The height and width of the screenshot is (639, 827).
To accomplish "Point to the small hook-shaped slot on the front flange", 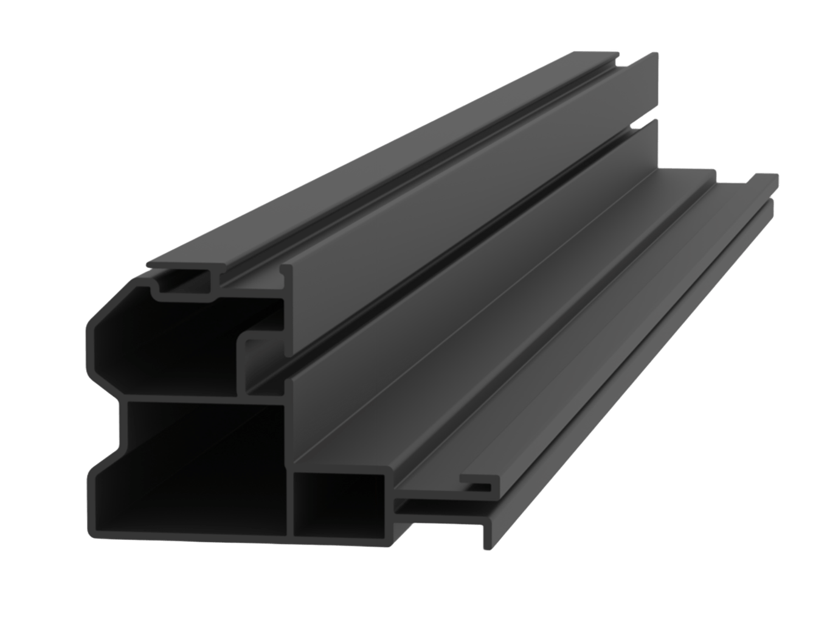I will coord(480,484).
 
